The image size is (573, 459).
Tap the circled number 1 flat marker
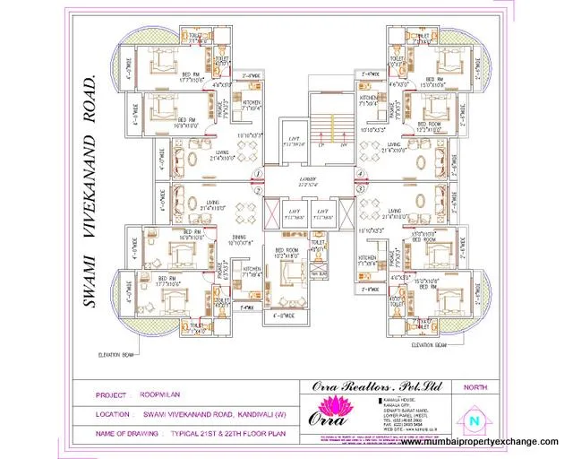pos(257,174)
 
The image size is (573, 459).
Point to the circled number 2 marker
pos(257,190)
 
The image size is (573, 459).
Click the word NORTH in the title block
pos(475,386)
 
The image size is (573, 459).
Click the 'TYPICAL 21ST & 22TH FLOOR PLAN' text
pos(215,431)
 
